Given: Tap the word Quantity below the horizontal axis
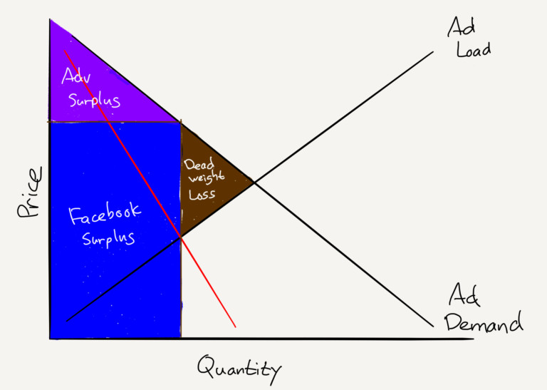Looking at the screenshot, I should tap(239, 368).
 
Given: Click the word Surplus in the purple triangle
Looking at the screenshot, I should tap(94, 100).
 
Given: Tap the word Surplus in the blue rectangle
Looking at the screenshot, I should tap(108, 239).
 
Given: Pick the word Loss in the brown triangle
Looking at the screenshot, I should tap(203, 193).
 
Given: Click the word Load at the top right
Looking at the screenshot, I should tap(470, 51).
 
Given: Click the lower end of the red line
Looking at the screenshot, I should tap(235, 327).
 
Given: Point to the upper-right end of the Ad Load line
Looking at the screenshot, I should tap(433, 51).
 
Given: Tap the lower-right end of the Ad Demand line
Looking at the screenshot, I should tap(432, 327).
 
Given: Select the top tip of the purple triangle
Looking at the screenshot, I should tap(51, 21).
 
